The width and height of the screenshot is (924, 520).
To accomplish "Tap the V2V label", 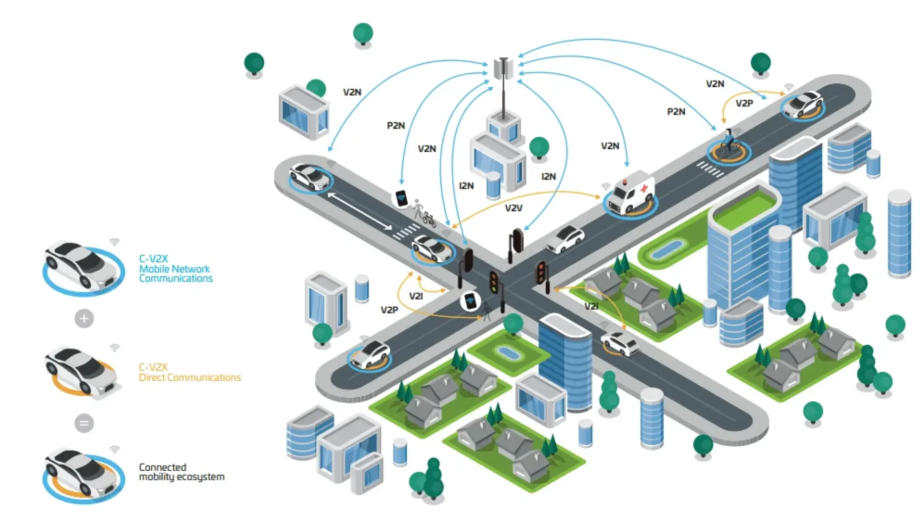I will (x=513, y=208).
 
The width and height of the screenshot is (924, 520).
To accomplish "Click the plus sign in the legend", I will (x=84, y=318).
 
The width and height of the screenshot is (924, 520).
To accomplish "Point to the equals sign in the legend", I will (x=84, y=423).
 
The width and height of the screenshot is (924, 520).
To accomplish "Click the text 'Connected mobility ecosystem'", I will (x=181, y=472).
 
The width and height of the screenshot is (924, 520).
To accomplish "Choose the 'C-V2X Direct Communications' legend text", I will (x=190, y=372).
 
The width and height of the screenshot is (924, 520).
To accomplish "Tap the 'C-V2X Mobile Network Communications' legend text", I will (x=176, y=269).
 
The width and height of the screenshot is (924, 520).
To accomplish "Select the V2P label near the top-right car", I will (x=744, y=103).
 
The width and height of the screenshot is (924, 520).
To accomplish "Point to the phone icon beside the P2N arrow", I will (x=401, y=198).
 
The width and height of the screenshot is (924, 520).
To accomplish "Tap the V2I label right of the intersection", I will (x=591, y=306).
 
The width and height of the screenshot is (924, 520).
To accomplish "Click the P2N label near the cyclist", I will (x=676, y=112).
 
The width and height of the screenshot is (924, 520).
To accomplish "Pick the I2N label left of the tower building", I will (x=466, y=186).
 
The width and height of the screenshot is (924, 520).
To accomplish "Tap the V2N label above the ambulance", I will (x=610, y=146).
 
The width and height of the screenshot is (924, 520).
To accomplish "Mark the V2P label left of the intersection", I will (x=389, y=310).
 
